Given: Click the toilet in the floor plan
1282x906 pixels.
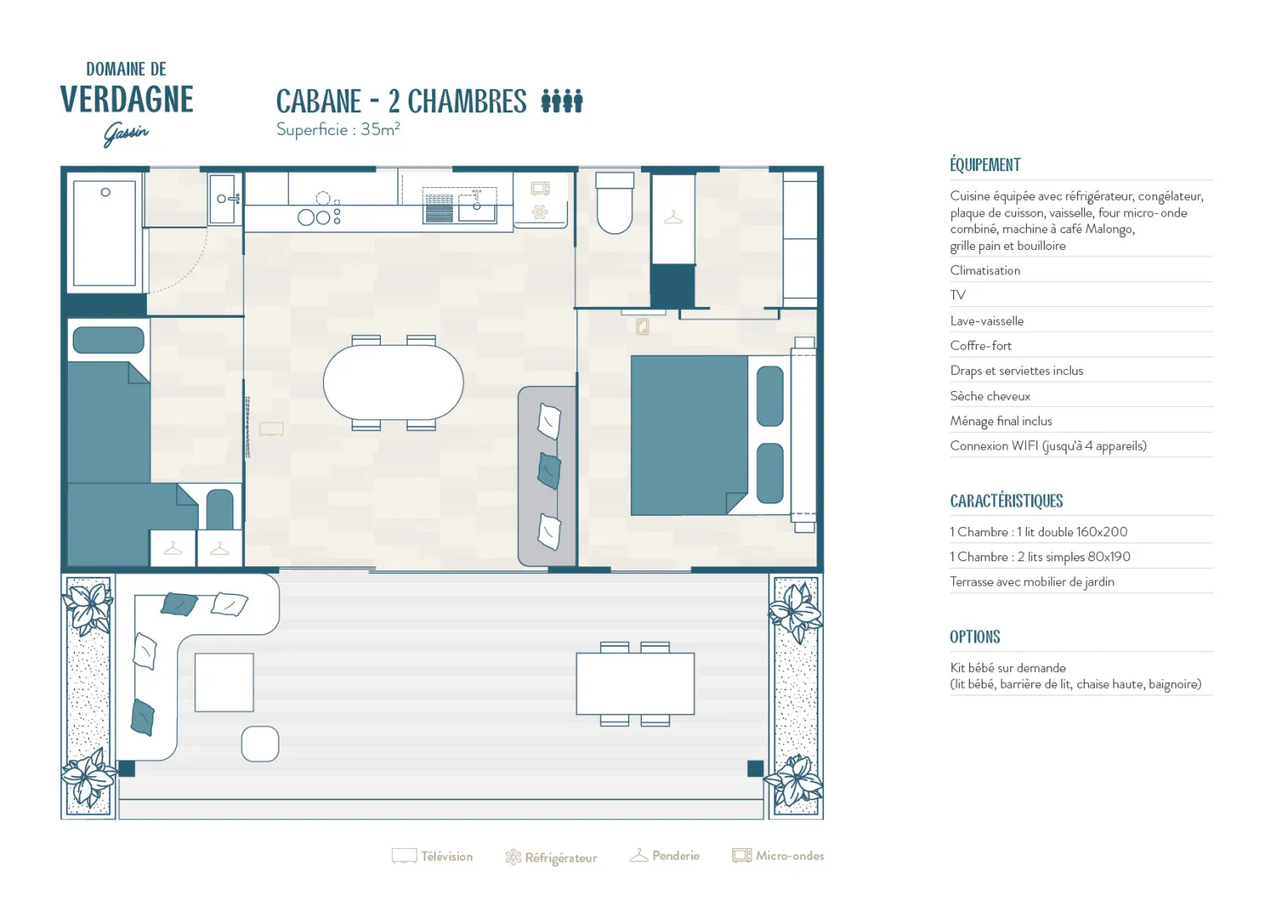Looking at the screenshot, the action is pos(615,203).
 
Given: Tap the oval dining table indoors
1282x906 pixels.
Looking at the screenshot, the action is pos(393,383).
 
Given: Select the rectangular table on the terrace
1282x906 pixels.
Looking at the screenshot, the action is pos(635,684).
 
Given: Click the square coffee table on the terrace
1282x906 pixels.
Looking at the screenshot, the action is pos(224,682).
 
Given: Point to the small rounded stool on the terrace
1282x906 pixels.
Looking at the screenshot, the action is pos(260,743).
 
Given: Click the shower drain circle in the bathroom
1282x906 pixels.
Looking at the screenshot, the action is pos(106,192).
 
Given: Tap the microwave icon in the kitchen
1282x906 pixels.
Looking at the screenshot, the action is pos(539,188).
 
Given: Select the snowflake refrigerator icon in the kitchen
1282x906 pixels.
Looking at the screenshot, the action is pos(539,211).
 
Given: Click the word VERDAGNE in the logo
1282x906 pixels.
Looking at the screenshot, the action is pos(127,99).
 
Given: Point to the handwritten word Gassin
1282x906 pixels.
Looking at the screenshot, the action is pos(126,134).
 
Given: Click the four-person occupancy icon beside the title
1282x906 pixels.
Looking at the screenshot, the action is pos(562,101).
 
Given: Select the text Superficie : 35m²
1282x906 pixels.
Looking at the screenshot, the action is pos(337,129).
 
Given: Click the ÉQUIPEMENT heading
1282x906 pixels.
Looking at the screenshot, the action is pos(985,164).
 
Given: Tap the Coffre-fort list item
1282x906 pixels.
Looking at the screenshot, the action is pos(981,346).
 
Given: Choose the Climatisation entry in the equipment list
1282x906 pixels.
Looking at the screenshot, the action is pos(985,271).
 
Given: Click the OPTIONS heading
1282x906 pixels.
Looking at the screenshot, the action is pos(975,637).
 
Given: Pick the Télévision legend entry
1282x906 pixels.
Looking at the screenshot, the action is pos(432,857).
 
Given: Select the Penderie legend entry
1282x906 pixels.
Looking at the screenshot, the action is pos(664,856).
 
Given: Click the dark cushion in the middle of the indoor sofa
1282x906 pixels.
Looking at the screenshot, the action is pos(549,471).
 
